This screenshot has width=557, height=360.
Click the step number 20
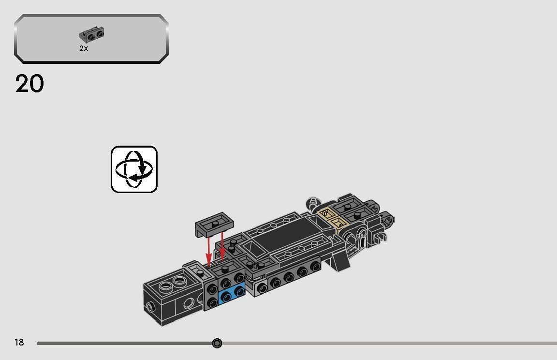[29, 84]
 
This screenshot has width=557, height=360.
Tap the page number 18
[19, 343]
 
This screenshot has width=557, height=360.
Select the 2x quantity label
[84, 48]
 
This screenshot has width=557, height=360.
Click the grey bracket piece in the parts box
[92, 35]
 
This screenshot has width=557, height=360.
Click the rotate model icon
[134, 169]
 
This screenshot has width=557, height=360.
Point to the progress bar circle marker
[217, 343]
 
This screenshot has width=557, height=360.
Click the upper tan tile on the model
[327, 213]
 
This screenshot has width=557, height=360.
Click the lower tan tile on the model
[338, 222]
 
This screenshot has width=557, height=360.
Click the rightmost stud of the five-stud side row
[315, 266]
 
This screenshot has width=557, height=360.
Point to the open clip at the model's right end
[382, 237]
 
